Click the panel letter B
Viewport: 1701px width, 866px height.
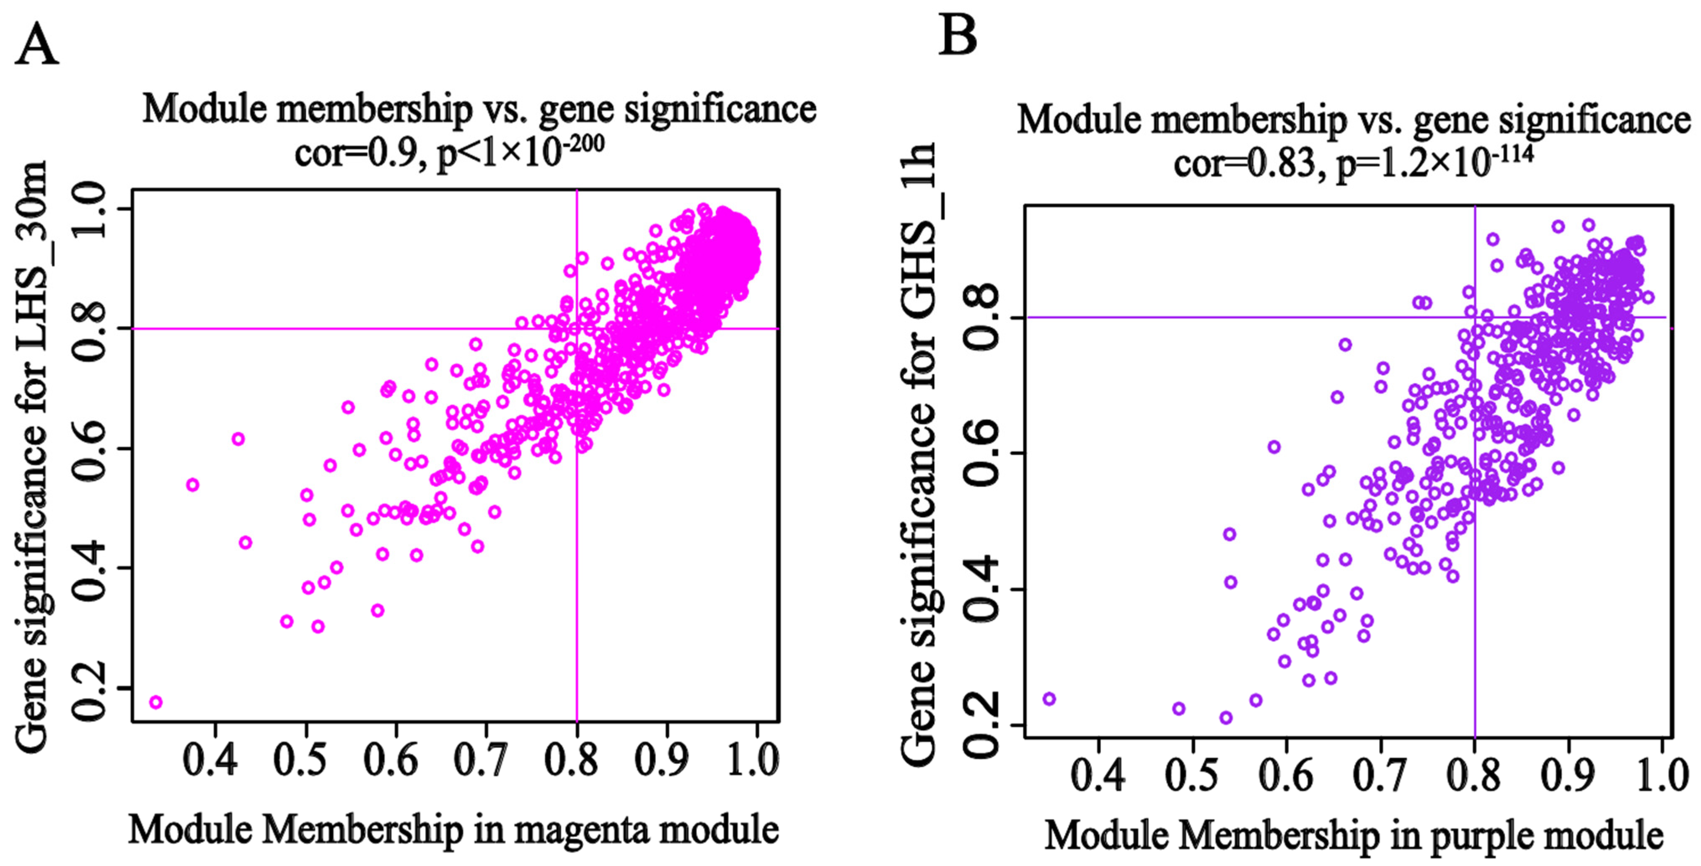coord(958,36)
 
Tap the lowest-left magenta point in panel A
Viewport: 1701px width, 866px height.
coord(156,702)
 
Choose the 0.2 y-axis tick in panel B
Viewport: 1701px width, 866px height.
coord(984,725)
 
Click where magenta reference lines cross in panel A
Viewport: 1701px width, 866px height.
coord(577,328)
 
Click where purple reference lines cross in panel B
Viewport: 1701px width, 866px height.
coord(1475,317)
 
